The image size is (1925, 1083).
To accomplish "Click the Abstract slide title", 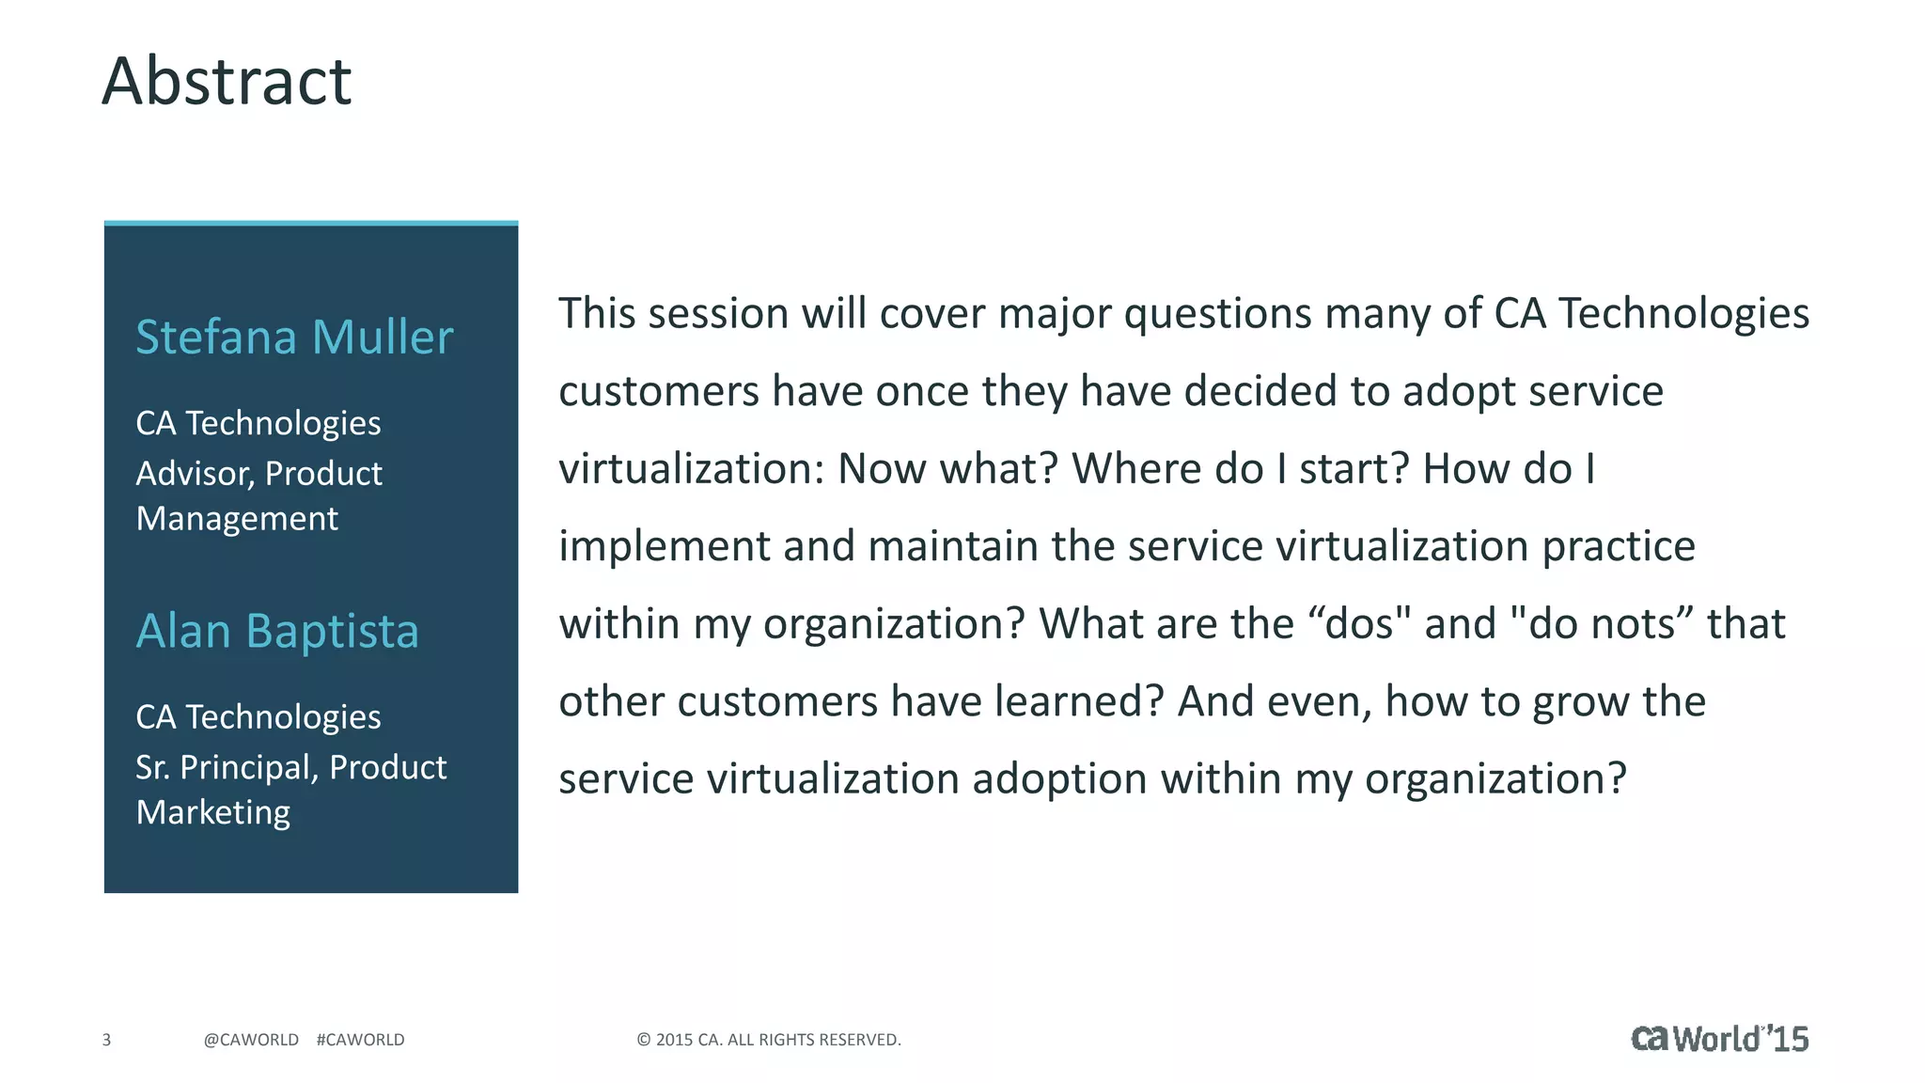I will (x=227, y=81).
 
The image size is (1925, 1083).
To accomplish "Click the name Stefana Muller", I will (x=294, y=337).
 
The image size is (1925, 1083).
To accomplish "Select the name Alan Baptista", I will (x=277, y=631).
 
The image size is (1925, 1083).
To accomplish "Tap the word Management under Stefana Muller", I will (x=237, y=519).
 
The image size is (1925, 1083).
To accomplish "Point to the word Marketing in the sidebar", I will (x=213, y=812).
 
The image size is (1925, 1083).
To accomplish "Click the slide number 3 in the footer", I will (x=106, y=1040).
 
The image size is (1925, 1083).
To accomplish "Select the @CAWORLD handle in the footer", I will (x=251, y=1040).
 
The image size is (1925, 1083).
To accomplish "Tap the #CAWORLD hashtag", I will (x=361, y=1040).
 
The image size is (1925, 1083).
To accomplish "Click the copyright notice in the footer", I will (x=769, y=1040).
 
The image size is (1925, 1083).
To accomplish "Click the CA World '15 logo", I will (x=1719, y=1038).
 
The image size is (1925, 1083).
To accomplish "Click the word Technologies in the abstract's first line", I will (x=1683, y=313).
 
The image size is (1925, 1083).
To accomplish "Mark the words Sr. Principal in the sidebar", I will (x=227, y=767).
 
